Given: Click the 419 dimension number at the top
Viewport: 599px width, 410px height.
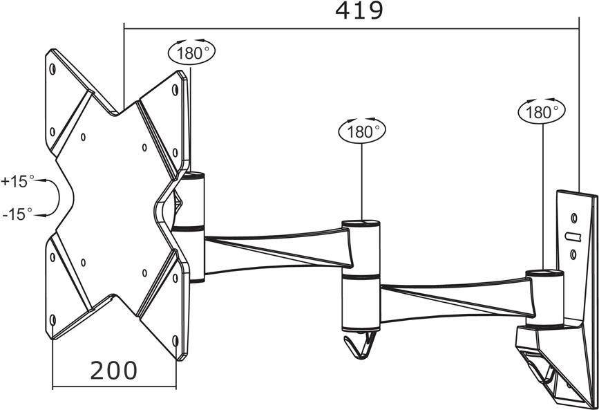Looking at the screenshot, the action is tap(359, 10).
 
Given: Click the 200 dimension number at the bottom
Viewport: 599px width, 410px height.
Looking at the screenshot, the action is tap(113, 370).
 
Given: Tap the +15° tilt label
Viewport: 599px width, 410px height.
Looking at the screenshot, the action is tap(17, 181).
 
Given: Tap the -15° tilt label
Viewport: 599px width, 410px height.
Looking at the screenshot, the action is tap(17, 214).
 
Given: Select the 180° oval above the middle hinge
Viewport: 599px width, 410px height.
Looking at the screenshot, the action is tap(362, 131).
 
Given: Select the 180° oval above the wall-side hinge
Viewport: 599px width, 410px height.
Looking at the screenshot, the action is tap(542, 112).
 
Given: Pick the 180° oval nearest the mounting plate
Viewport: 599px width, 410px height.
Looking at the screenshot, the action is tap(192, 52).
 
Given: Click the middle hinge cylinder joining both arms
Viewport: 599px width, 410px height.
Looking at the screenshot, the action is tap(361, 275).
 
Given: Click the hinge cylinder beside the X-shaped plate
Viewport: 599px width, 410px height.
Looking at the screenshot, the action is tap(191, 227).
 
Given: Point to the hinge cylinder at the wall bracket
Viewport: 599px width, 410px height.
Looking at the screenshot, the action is tap(544, 298).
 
